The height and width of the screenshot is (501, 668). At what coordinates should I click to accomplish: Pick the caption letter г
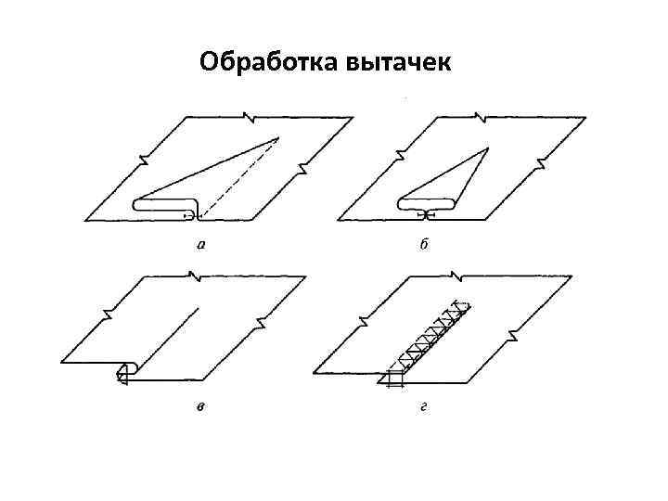coord(423,409)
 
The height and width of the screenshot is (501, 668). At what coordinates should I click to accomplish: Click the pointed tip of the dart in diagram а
coord(277,138)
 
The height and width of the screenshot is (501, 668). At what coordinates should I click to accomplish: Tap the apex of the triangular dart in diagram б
coord(488,146)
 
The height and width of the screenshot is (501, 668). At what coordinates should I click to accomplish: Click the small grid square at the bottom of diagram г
coord(395,378)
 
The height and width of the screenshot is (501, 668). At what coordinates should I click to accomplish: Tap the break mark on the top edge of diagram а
coord(249,117)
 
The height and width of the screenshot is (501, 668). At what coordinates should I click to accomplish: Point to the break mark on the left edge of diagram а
coord(143,160)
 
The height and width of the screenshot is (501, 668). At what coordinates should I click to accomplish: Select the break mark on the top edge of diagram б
coord(481,117)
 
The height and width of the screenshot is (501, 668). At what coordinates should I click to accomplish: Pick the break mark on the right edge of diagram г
coord(513,335)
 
